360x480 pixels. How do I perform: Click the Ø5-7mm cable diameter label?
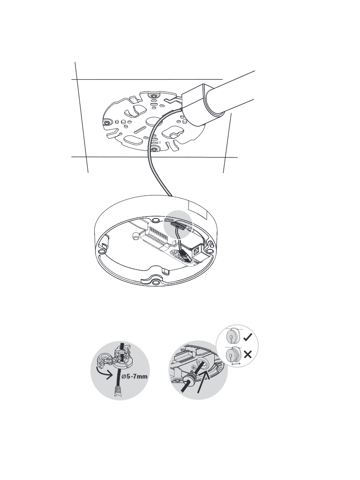[135, 376]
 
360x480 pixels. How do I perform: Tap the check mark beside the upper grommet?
[247, 337]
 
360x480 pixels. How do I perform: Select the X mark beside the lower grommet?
[247, 354]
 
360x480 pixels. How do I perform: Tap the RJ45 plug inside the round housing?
[185, 255]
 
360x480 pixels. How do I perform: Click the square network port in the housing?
[196, 252]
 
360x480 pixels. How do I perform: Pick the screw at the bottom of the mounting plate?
[155, 150]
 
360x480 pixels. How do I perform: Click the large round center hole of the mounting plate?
[153, 121]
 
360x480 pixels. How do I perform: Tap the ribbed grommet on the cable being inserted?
[191, 378]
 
